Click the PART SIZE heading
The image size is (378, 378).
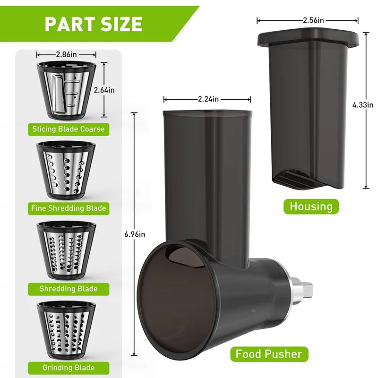point(93,24)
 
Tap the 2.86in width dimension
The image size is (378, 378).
point(66,55)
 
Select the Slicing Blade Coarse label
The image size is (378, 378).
point(69,129)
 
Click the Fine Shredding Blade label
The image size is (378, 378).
point(69,208)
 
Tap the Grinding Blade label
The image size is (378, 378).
point(69,368)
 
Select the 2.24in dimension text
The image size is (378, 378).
point(207,99)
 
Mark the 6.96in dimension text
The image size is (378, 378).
point(135,234)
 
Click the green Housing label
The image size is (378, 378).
point(311,206)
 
